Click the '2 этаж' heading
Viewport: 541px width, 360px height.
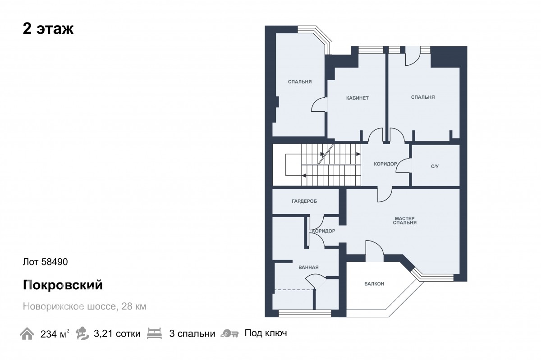[x=48, y=29]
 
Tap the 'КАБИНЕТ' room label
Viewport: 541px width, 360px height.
[x=358, y=98]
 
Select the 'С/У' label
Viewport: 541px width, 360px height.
[x=435, y=166]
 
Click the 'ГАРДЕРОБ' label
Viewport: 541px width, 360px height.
[x=304, y=201]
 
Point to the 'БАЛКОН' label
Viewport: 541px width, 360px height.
[x=374, y=284]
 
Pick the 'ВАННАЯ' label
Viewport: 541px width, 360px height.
[x=308, y=268]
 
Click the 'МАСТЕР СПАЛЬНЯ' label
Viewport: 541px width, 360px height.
[x=405, y=220]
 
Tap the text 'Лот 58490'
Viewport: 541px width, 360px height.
[x=46, y=262]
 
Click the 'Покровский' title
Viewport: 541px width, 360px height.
[x=63, y=285]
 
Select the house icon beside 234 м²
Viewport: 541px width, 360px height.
[x=27, y=334]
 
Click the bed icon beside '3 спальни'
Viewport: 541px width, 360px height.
[x=154, y=333]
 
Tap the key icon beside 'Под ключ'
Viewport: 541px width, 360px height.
[x=229, y=333]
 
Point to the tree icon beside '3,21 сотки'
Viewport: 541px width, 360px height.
[x=82, y=333]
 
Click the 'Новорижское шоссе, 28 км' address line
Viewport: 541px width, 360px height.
[x=85, y=306]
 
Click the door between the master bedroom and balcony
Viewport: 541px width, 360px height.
[x=374, y=251]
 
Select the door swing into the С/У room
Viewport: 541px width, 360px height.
[x=404, y=166]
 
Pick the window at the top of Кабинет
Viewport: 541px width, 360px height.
[x=371, y=50]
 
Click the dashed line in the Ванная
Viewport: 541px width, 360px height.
[x=294, y=290]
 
